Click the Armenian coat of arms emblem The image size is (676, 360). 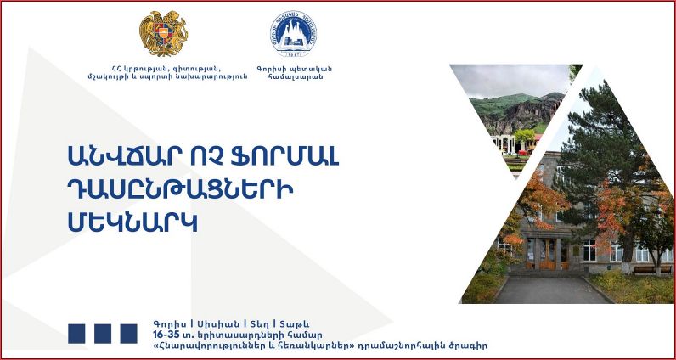point(164,33)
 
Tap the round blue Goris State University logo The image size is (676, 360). point(293,34)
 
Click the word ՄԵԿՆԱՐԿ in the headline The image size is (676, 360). point(132,222)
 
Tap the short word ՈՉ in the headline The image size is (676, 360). point(206,157)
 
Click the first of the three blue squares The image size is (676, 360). point(76,334)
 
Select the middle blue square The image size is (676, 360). point(103,334)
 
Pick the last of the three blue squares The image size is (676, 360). point(128,334)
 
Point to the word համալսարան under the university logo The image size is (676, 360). point(295,77)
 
